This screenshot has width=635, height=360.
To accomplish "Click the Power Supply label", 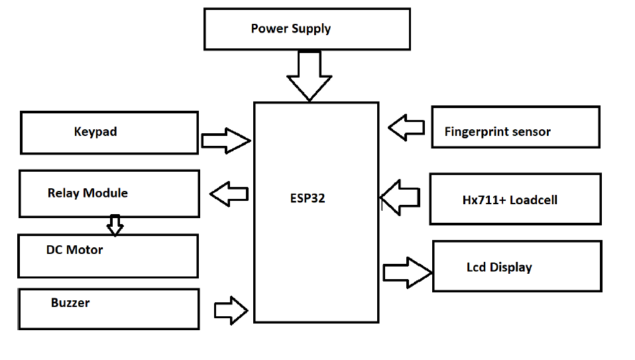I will [290, 29].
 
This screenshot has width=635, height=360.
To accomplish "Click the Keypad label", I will [95, 131].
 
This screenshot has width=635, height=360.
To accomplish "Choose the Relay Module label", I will [87, 193].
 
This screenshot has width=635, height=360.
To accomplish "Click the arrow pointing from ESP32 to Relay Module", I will [229, 194].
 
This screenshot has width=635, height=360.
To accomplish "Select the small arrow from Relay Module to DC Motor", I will [115, 225].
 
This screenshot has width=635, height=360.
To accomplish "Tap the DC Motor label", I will [74, 250].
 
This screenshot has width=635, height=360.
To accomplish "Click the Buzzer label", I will [70, 302].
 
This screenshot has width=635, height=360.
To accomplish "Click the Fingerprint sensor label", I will [497, 131].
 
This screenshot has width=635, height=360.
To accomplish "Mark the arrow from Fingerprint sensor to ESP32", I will [406, 127].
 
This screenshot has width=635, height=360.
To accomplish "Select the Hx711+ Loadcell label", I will [509, 200].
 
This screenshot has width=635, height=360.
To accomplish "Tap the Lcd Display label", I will [499, 268].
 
